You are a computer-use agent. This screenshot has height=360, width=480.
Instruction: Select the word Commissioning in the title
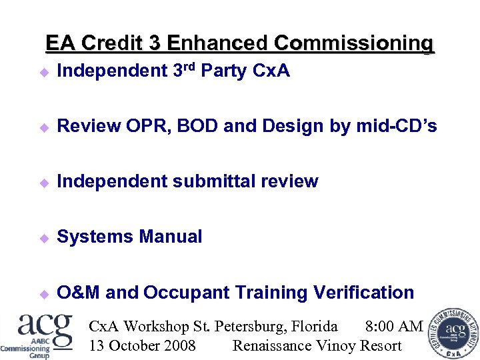click(353, 43)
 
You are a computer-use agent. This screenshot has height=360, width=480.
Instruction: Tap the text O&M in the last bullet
click(79, 292)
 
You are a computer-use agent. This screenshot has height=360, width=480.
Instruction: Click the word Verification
click(367, 292)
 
